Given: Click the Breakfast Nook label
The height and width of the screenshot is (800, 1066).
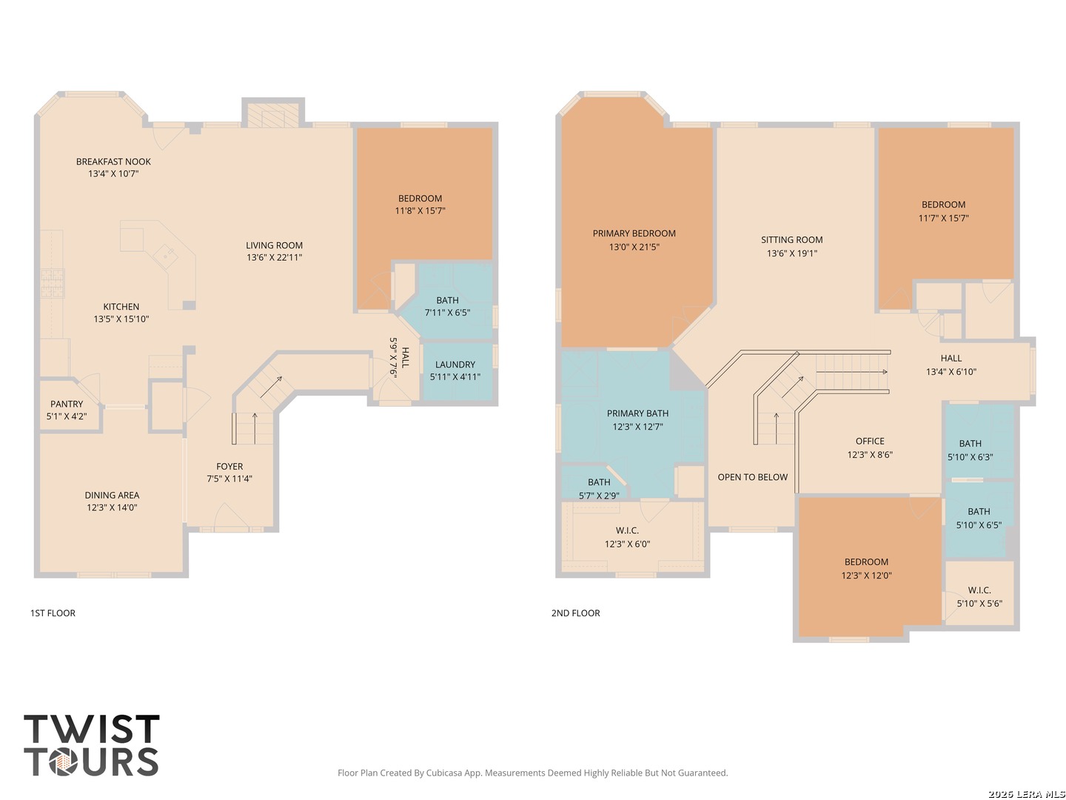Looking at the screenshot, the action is (113, 161).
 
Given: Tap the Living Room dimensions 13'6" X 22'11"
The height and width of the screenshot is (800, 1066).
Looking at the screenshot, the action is (275, 258).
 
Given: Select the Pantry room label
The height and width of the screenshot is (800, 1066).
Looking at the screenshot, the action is (67, 404).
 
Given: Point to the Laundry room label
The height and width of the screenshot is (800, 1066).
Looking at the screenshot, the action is (455, 364).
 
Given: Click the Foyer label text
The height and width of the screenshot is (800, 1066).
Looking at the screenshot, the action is (229, 467).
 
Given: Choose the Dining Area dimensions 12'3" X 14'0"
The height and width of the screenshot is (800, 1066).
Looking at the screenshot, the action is (113, 507).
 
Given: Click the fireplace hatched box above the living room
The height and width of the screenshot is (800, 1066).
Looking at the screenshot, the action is (273, 116).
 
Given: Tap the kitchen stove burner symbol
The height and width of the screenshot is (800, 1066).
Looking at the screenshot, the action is (52, 283).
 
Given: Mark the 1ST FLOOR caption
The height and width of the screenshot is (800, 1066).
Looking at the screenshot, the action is (53, 613).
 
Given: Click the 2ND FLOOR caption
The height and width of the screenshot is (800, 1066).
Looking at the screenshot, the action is (575, 613).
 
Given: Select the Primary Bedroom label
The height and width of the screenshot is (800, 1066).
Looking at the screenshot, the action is (634, 233).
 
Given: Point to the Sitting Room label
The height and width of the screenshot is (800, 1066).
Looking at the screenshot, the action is (791, 239).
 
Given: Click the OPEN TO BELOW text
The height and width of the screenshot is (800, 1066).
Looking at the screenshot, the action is (753, 477).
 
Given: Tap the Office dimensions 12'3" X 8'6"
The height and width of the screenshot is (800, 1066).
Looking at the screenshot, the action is (870, 455).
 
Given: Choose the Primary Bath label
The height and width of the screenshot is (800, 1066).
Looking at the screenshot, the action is (637, 413).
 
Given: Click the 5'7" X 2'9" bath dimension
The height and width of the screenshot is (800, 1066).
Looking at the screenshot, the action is (599, 496).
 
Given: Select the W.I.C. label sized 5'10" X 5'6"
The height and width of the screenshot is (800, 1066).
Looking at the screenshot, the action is (979, 590).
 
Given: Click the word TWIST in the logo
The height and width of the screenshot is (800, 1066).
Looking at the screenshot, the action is (92, 729).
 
